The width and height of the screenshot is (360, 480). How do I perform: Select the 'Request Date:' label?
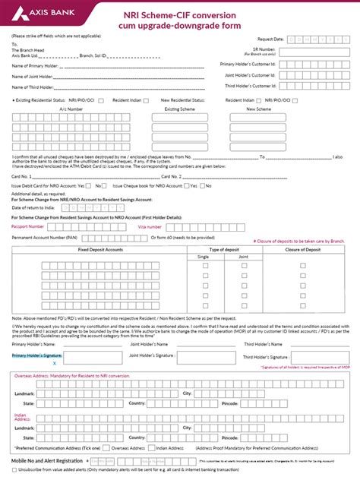point(270,37)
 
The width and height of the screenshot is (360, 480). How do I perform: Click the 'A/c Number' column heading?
point(70,109)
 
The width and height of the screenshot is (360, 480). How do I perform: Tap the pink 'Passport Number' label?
point(29,226)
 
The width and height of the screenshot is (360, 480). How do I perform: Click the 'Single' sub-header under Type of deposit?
point(204,257)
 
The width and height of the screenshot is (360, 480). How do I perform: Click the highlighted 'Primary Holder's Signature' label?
point(37,355)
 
